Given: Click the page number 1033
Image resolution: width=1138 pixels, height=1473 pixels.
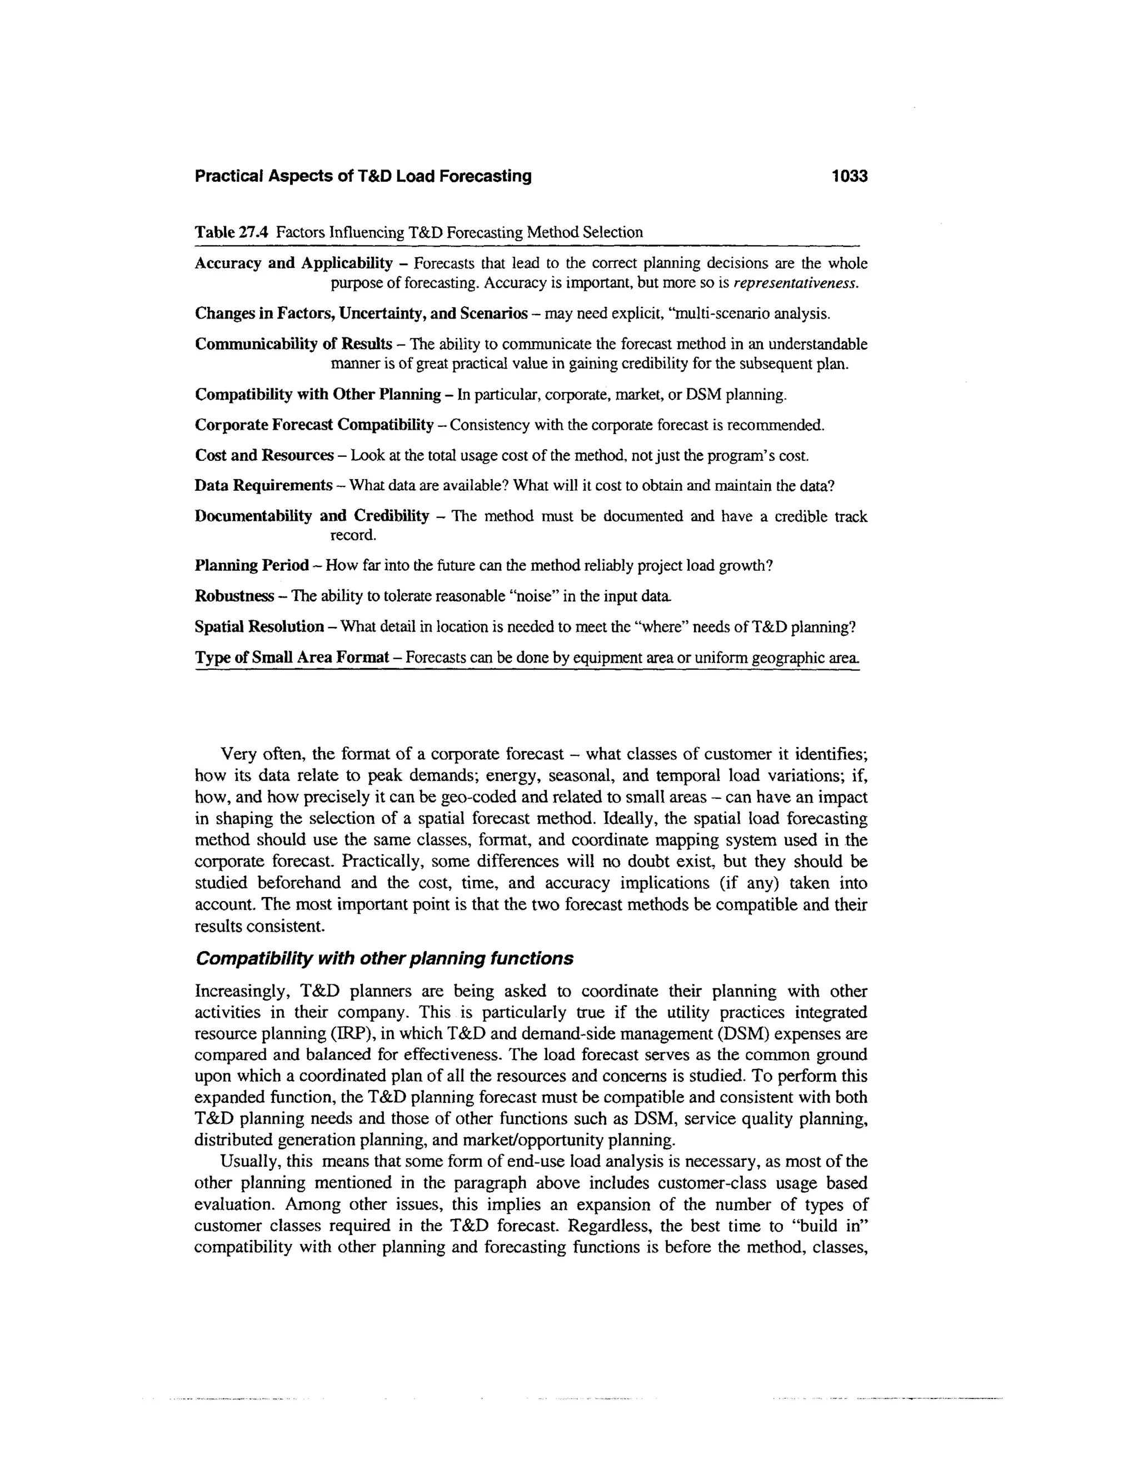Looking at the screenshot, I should coord(849,177).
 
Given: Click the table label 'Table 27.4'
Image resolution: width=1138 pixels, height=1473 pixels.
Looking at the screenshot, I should coord(232,233).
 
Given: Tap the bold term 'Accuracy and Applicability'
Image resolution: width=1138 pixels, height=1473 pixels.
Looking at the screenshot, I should coord(293,263).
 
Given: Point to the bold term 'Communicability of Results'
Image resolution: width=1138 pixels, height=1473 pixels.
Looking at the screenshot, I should coord(293,344).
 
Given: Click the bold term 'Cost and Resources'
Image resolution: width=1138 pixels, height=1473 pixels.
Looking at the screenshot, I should coord(263,455).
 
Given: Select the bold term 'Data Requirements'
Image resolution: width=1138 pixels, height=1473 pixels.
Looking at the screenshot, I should coord(263,486).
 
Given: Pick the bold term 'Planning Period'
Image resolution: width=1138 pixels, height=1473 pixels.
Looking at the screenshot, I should coord(252,565).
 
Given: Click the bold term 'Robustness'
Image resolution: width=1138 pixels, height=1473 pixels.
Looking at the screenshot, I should coord(234,596).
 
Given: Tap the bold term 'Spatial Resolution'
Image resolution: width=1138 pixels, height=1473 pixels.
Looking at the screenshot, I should coord(259,626).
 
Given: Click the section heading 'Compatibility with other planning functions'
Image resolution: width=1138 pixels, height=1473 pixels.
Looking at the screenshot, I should coord(383,958).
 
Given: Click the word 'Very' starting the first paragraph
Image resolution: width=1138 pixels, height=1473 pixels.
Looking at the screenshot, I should coord(237,753).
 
